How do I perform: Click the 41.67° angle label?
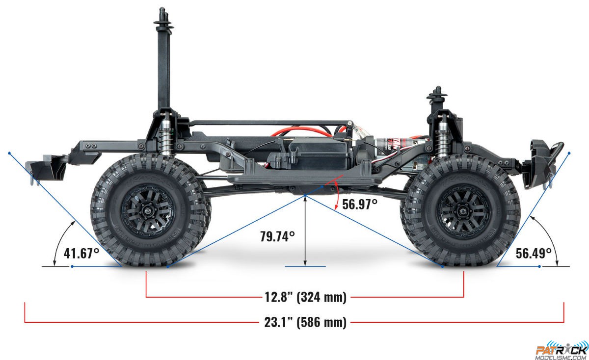81,254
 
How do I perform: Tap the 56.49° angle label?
534,253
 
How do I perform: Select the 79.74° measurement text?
277,236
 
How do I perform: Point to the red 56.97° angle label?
360,204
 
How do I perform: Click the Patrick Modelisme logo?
561,349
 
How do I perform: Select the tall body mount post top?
164,15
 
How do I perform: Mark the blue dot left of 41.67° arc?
72,266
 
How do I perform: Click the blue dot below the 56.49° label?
539,266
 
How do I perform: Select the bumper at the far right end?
545,159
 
